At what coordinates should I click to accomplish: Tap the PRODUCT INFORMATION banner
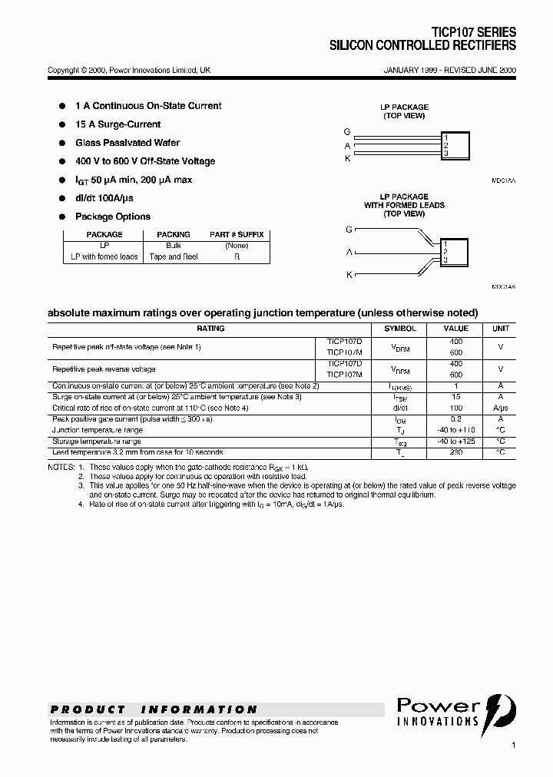(x=154, y=709)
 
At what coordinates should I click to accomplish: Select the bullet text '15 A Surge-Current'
(x=118, y=124)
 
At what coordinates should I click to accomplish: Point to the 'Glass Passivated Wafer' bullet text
(x=127, y=143)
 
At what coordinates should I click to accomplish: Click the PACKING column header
(x=174, y=234)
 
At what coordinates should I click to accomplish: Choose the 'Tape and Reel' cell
(x=174, y=256)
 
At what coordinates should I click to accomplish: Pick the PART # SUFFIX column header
(x=237, y=234)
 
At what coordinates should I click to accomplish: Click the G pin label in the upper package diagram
(x=347, y=132)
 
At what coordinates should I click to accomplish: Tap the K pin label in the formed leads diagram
(x=349, y=274)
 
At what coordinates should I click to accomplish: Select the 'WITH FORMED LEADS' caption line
(x=404, y=205)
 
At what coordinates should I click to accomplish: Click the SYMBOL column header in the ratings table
(x=399, y=328)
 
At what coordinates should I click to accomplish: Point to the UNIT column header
(x=500, y=328)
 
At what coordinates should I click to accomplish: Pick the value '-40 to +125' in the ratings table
(x=455, y=441)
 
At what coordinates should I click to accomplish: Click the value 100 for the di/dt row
(x=455, y=408)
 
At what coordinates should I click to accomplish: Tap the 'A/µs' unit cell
(x=500, y=408)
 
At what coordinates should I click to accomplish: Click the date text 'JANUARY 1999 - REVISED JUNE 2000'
(x=449, y=70)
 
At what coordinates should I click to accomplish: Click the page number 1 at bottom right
(x=513, y=745)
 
